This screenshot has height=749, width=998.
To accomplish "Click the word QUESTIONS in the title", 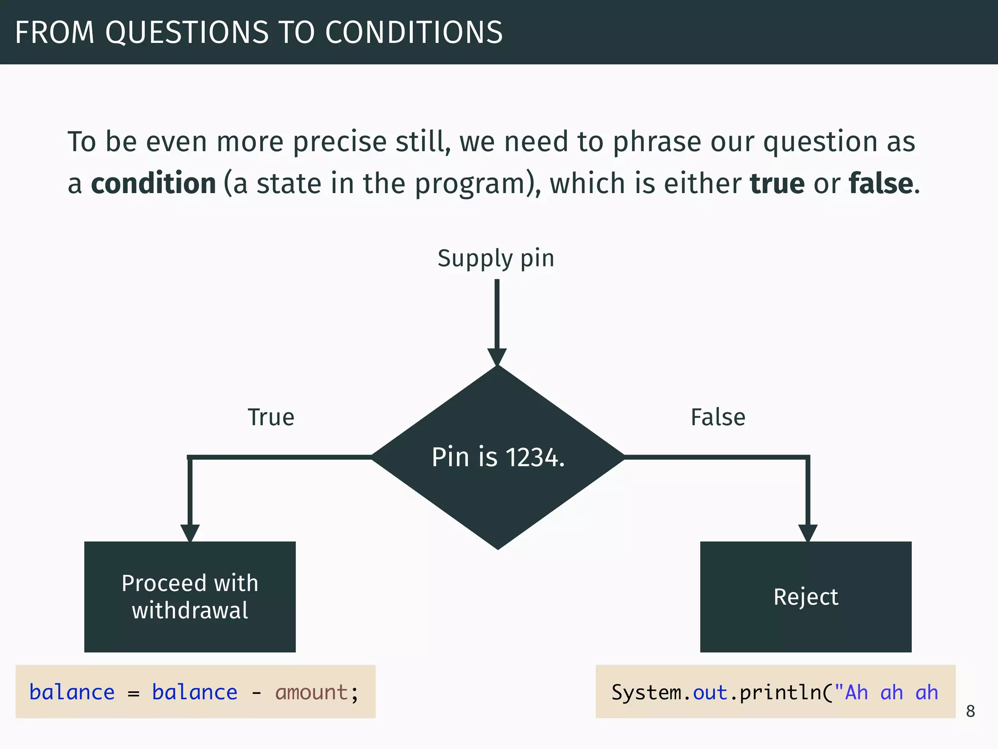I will tap(187, 33).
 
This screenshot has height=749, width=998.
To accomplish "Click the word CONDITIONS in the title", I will tap(414, 33).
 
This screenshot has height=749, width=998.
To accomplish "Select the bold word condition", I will tap(154, 184).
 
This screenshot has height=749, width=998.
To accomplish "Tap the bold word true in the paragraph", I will tap(777, 184).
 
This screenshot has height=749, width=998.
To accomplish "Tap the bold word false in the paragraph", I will tap(881, 184).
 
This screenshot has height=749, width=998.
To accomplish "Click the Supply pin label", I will tap(496, 258).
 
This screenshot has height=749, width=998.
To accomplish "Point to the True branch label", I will tap(271, 417).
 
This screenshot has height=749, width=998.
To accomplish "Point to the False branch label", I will tap(718, 417).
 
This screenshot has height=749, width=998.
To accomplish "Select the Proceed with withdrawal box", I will tap(190, 596).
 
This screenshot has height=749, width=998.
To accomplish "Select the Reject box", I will tap(806, 596).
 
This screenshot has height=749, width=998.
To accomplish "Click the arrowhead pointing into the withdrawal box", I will tap(190, 533).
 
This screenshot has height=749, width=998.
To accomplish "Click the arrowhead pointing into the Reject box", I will tap(807, 533).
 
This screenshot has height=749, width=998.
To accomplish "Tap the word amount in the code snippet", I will tap(311, 693).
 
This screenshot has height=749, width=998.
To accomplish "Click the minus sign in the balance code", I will tap(256, 693).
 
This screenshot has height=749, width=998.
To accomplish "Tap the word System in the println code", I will tap(646, 693).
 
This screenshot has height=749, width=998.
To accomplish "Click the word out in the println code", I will tap(710, 693).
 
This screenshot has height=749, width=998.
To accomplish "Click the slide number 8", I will tap(970, 711).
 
